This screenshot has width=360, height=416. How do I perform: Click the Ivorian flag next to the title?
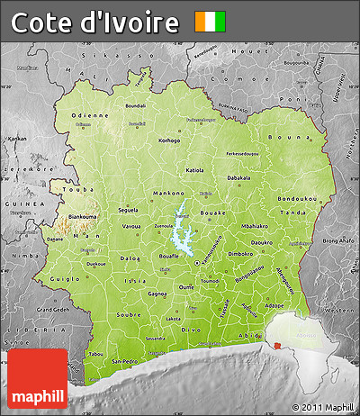211,22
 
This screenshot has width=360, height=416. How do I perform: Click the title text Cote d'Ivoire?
95,23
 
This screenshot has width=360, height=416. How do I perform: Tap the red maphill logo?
38,378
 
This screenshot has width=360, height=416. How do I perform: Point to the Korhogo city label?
169,140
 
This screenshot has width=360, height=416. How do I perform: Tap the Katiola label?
194,169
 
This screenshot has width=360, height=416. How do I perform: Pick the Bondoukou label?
296,196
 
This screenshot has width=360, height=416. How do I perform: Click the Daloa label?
130,258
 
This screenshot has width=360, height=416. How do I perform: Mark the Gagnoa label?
158,294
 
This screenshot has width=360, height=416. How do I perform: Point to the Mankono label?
142,194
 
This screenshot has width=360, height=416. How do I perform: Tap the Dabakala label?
238,177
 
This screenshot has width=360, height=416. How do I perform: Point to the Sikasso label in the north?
107,55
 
